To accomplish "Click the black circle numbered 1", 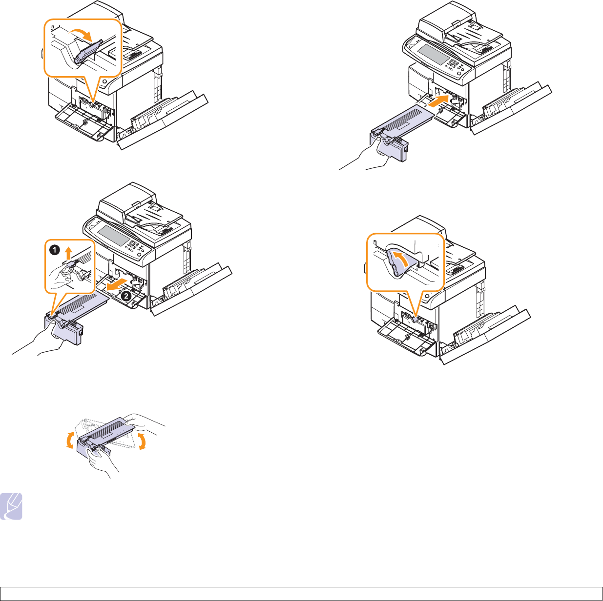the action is click(55, 250).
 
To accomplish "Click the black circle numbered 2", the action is click(125, 296).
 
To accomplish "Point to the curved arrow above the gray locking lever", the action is click(81, 34).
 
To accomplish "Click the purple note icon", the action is click(11, 506).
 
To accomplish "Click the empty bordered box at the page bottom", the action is click(301, 594).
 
